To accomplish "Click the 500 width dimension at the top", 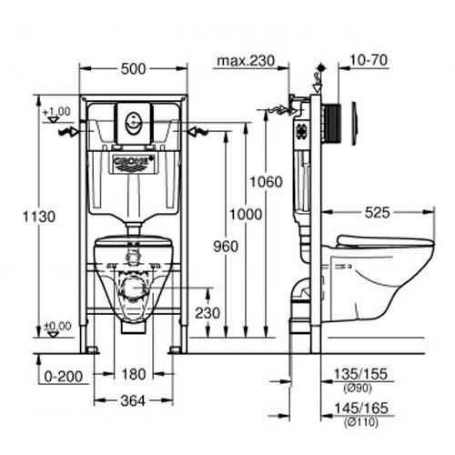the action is pyautogui.click(x=133, y=69).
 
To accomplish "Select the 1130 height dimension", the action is pyautogui.click(x=39, y=217).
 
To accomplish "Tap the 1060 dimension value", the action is pyautogui.click(x=266, y=182).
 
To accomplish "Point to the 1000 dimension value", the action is pyautogui.click(x=246, y=215).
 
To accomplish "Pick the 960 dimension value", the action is pyautogui.click(x=226, y=247).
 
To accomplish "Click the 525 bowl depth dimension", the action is pyautogui.click(x=377, y=213).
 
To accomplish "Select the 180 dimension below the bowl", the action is pyautogui.click(x=134, y=374).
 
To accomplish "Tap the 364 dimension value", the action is pyautogui.click(x=133, y=401).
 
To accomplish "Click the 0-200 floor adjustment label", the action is pyautogui.click(x=64, y=377).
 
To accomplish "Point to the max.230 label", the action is pyautogui.click(x=246, y=61).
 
